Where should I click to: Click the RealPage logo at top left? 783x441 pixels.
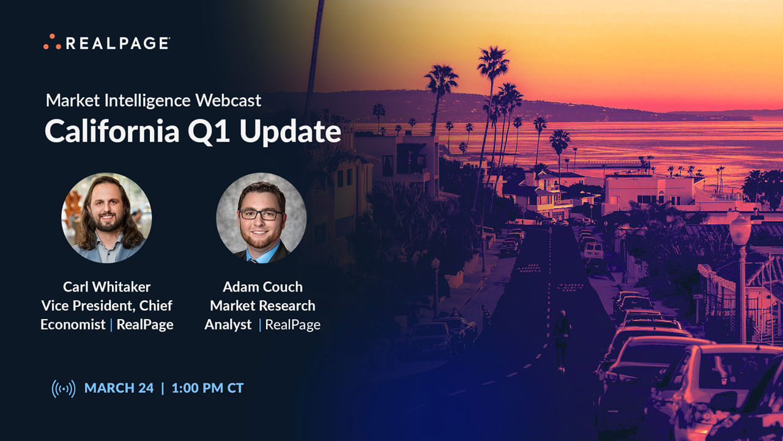pos(106,42)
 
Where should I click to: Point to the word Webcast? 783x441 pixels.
pos(233,100)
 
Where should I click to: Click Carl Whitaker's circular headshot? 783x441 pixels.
pos(106,217)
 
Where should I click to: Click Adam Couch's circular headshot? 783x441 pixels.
pos(262,217)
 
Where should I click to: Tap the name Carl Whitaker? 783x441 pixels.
pos(106,287)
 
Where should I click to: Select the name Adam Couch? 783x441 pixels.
pos(262,287)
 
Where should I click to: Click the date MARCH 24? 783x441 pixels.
pos(119,388)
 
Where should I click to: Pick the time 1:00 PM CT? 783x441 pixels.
pos(207,388)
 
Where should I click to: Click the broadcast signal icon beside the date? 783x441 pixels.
pos(64,388)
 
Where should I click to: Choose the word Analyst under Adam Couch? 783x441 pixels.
pos(228,325)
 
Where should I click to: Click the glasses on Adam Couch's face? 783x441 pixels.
pos(261,214)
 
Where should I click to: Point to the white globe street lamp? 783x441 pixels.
pos(740,230)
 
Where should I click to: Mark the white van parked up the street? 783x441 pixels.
pos(592,250)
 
